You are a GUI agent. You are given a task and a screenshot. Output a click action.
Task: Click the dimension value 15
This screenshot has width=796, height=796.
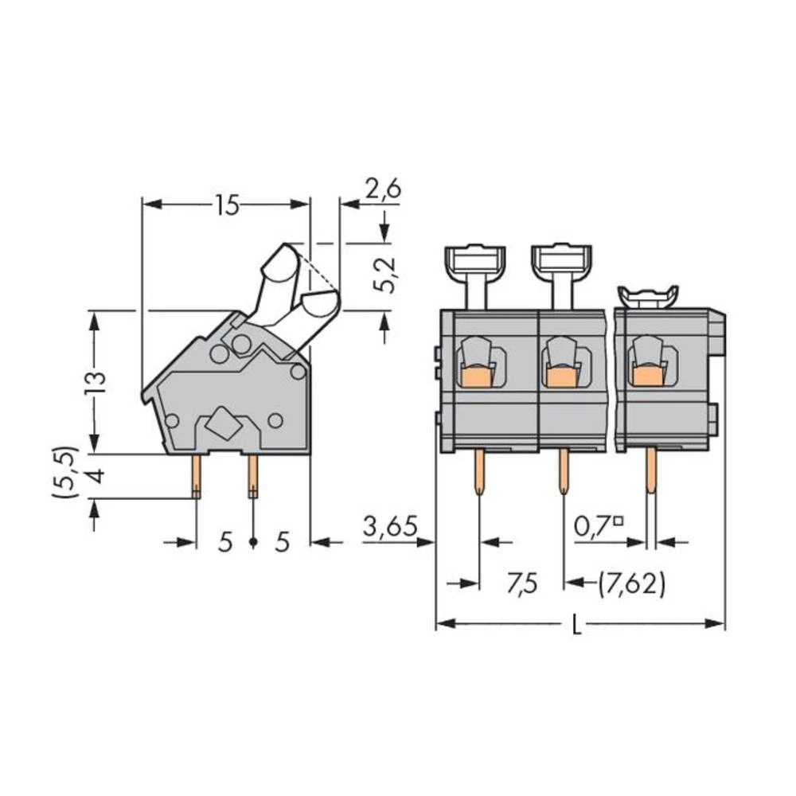pos(226,206)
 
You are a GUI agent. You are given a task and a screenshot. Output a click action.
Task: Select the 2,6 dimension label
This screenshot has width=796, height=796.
pos(383,189)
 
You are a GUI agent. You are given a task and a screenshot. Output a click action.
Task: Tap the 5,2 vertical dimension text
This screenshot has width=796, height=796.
pos(384,275)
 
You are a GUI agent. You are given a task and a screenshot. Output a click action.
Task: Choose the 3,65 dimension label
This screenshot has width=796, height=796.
pos(390,526)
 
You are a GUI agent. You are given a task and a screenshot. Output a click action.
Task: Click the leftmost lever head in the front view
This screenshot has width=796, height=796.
pos(474,259)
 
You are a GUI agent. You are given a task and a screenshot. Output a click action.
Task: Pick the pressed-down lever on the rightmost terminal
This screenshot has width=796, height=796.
pos(649,297)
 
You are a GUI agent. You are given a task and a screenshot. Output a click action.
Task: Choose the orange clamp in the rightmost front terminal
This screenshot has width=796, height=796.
pos(648,374)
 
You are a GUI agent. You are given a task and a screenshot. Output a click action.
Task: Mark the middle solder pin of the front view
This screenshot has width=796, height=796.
pos(564,471)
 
